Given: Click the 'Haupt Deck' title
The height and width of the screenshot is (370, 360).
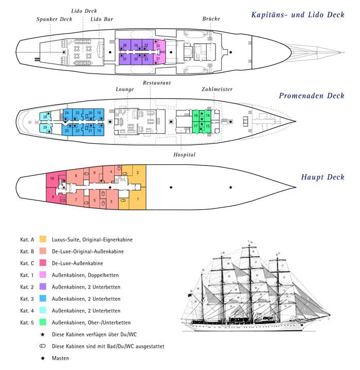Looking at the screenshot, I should click(x=322, y=178).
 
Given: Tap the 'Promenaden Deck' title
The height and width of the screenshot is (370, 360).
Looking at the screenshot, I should click(x=311, y=96).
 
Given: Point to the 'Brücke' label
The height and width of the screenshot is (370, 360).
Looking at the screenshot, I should click(x=211, y=19).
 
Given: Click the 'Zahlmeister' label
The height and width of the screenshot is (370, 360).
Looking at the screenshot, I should click(x=217, y=89).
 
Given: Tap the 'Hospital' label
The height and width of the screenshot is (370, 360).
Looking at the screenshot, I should click(x=185, y=154).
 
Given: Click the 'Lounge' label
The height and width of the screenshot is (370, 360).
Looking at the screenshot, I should click(x=125, y=89).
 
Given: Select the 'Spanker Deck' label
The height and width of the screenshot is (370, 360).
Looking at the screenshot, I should click(x=54, y=20).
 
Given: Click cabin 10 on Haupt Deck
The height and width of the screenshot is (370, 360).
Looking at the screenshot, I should click(x=53, y=178).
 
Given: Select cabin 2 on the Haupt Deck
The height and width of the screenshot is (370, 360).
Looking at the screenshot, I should click(x=137, y=173).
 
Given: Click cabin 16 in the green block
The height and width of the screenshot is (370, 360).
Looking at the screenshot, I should click(x=195, y=115).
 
